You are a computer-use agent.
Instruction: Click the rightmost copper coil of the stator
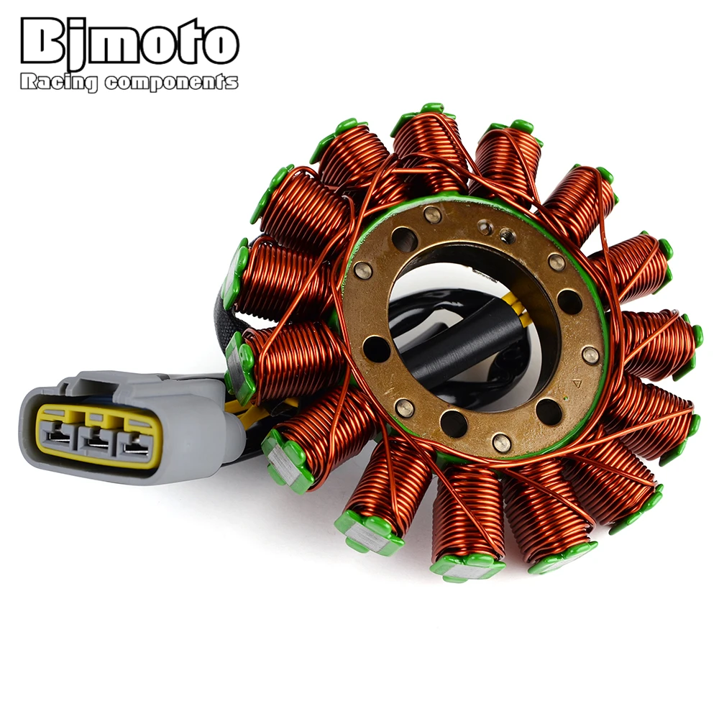click(658, 342)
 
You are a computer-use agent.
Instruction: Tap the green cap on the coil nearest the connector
click(241, 363)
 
